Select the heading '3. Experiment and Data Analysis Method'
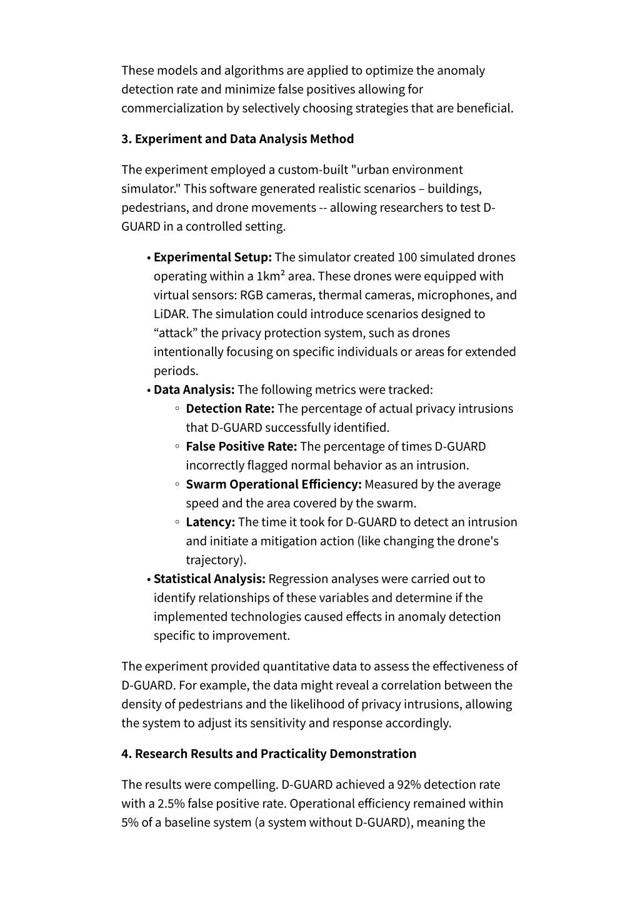[x=237, y=139]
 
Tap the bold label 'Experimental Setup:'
[x=212, y=257]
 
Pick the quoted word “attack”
[x=175, y=332]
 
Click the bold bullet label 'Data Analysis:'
[x=194, y=389]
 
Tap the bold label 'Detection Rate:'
[x=230, y=408]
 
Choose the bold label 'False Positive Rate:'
[x=241, y=446]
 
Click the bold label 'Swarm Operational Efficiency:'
[x=274, y=484]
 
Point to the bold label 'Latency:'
[x=211, y=522]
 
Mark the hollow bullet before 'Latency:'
[x=177, y=522]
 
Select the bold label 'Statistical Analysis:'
[x=210, y=579]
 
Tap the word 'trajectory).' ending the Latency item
[x=216, y=560]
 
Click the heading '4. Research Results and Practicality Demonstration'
[x=269, y=754]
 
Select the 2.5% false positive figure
[x=171, y=803]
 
